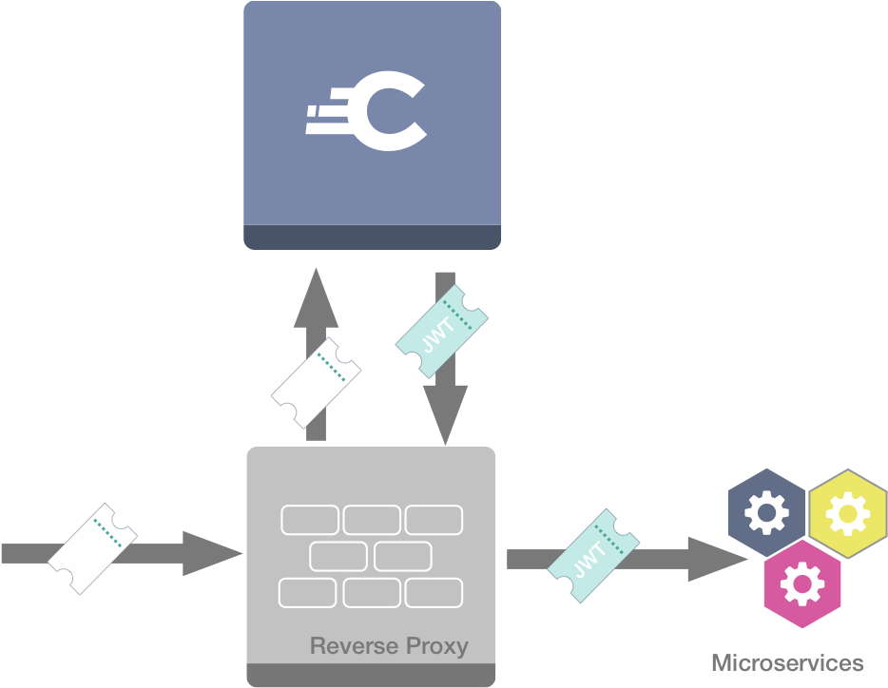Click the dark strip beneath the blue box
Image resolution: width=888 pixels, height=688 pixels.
pos(372,237)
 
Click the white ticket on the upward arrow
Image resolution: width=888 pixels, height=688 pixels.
pos(316,383)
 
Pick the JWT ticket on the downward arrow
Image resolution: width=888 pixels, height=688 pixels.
pos(442,329)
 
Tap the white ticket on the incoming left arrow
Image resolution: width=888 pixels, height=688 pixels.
pos(92,550)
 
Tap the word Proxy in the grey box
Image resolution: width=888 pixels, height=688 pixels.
pos(434,647)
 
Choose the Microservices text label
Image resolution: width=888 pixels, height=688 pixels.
pos(787,662)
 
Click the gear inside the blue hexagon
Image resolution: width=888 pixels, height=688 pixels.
pos(766,514)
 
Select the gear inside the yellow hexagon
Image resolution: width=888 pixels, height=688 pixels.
pos(842,514)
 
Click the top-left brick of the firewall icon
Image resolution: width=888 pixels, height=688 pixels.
pos(309,520)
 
